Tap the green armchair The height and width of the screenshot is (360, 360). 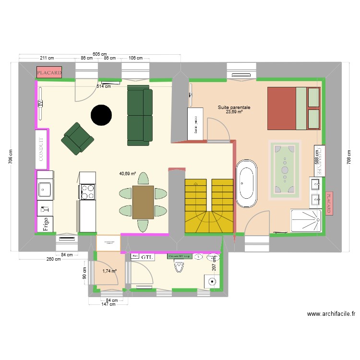(77, 139)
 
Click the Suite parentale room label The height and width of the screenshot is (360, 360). (234, 108)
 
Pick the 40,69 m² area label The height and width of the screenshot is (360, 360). (127, 174)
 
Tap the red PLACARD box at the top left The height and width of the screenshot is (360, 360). (49, 73)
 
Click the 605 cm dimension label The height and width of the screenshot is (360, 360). (100, 54)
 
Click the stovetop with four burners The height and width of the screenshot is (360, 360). (88, 192)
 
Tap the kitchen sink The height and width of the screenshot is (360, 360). (45, 190)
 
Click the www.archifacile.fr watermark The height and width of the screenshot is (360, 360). (331, 314)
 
